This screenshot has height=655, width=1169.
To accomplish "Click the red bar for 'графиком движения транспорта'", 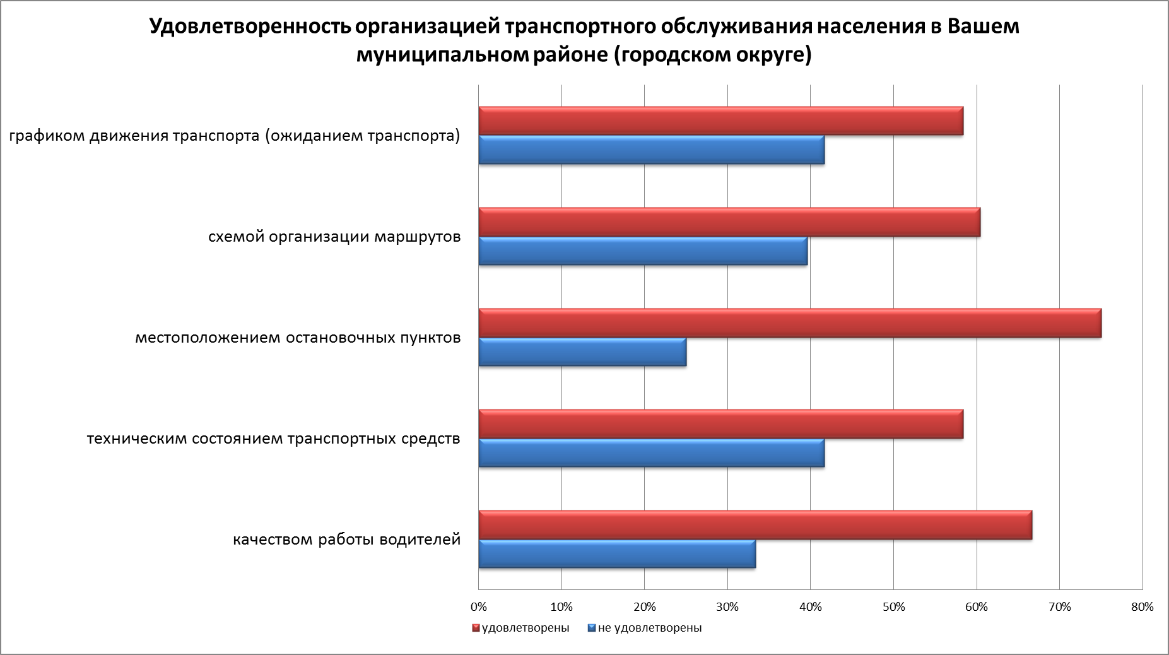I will click(720, 121).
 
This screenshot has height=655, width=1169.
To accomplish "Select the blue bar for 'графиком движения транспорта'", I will click(651, 150).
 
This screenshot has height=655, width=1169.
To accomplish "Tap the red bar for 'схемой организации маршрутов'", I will click(729, 222).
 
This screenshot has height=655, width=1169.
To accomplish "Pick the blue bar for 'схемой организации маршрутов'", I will click(643, 251).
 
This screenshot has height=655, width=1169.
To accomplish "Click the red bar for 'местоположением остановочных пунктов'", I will click(790, 323).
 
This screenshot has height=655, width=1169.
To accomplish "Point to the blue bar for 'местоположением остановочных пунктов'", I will click(582, 352).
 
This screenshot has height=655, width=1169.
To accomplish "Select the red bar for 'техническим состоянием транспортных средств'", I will click(720, 424).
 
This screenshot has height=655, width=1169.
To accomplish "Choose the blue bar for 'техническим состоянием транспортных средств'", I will click(651, 453).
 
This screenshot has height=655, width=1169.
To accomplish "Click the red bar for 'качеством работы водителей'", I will click(755, 525).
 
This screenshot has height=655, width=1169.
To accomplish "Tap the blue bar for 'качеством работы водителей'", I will click(617, 554).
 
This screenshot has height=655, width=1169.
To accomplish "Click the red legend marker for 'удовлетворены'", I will click(476, 628).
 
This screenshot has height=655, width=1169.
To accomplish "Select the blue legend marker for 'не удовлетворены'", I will click(591, 628).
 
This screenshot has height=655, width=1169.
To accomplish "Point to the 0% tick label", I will click(479, 607).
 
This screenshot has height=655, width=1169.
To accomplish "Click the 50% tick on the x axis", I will click(893, 607).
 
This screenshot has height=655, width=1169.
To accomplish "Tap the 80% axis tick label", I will click(1143, 607).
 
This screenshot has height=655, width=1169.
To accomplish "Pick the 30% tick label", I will click(727, 607).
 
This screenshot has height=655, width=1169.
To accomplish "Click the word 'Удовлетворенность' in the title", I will click(249, 27).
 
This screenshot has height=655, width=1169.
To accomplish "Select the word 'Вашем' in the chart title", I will click(984, 27).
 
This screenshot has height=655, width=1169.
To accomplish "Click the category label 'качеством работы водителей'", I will click(347, 540).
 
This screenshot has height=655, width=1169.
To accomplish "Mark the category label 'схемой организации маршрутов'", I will click(334, 237).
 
